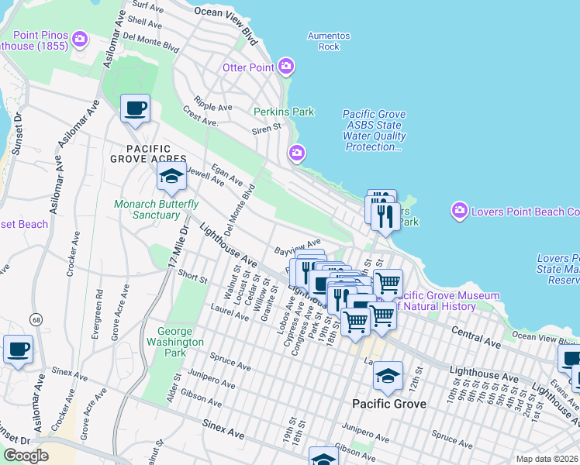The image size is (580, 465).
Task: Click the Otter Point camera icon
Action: [286, 67]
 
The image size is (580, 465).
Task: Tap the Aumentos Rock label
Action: [329, 41]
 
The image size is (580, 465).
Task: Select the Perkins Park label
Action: [284, 112]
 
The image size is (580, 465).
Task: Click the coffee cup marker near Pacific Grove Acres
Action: [136, 108]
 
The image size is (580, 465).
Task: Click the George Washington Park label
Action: [174, 341]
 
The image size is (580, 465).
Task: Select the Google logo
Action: [25, 456]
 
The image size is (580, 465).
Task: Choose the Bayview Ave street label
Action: [298, 247]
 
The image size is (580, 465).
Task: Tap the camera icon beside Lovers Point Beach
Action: [460, 211]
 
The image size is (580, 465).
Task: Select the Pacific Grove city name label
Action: [388, 404]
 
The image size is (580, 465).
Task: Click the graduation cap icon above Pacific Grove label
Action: [387, 377]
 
